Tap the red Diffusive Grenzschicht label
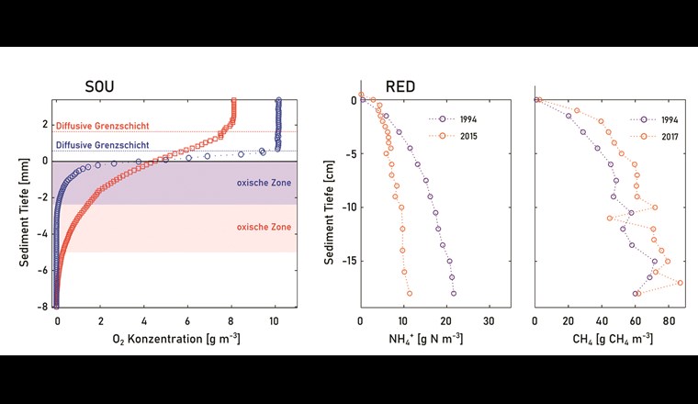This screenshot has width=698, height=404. pyautogui.click(x=101, y=126)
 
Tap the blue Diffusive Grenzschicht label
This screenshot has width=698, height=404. pyautogui.click(x=101, y=145)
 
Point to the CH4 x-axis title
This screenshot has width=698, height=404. pyautogui.click(x=606, y=342)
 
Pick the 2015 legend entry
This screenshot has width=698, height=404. pyautogui.click(x=462, y=135)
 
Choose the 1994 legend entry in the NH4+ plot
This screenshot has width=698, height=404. pyautogui.click(x=462, y=119)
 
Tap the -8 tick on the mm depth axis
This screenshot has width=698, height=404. pyautogui.click(x=42, y=307)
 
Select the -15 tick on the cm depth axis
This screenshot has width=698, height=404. pyautogui.click(x=345, y=261)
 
